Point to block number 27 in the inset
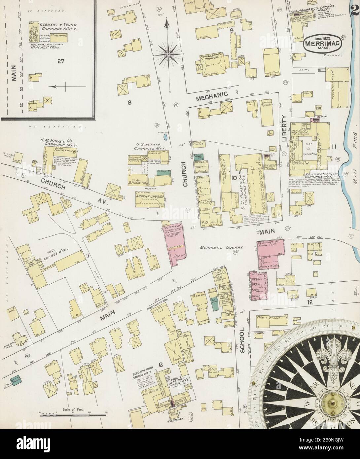point(60,61)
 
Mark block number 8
point(130,102)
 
